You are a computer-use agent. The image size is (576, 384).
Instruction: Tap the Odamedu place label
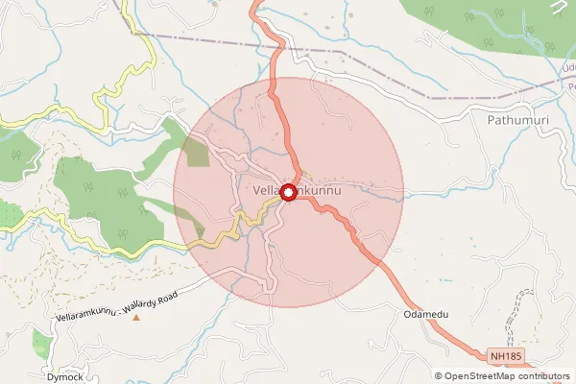pos(426,315)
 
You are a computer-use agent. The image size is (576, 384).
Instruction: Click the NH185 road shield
pos(507,356)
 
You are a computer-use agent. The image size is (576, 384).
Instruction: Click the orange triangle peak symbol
pos(136,318)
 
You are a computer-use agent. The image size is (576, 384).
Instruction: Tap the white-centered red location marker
pos(287,192)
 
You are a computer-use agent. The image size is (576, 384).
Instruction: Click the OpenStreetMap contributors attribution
pos(507,376)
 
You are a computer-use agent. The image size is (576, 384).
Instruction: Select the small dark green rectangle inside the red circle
pos(196,153)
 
